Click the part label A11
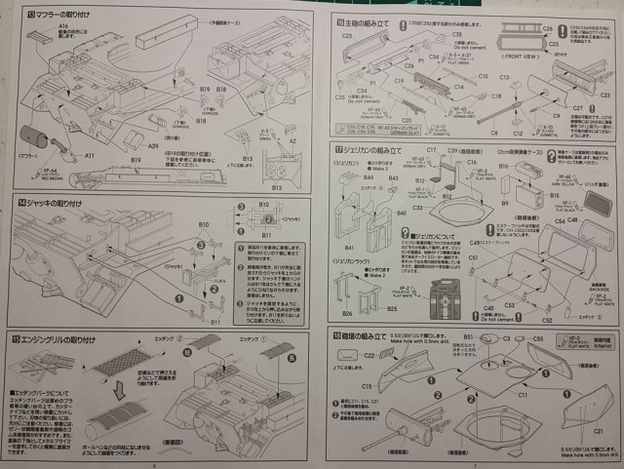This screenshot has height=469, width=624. pyautogui.click(x=89, y=154)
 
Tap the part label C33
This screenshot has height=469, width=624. pyautogui.click(x=418, y=207)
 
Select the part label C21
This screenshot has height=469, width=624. pyautogui.click(x=599, y=402)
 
